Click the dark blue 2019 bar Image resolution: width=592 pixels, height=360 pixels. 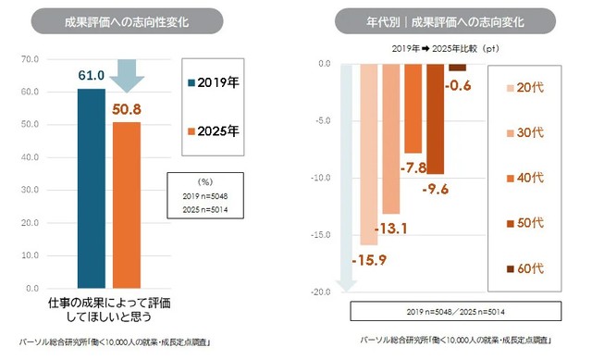[91, 189]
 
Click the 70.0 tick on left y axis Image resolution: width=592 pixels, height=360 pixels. [29, 59]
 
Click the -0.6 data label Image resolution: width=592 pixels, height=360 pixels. [460, 86]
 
